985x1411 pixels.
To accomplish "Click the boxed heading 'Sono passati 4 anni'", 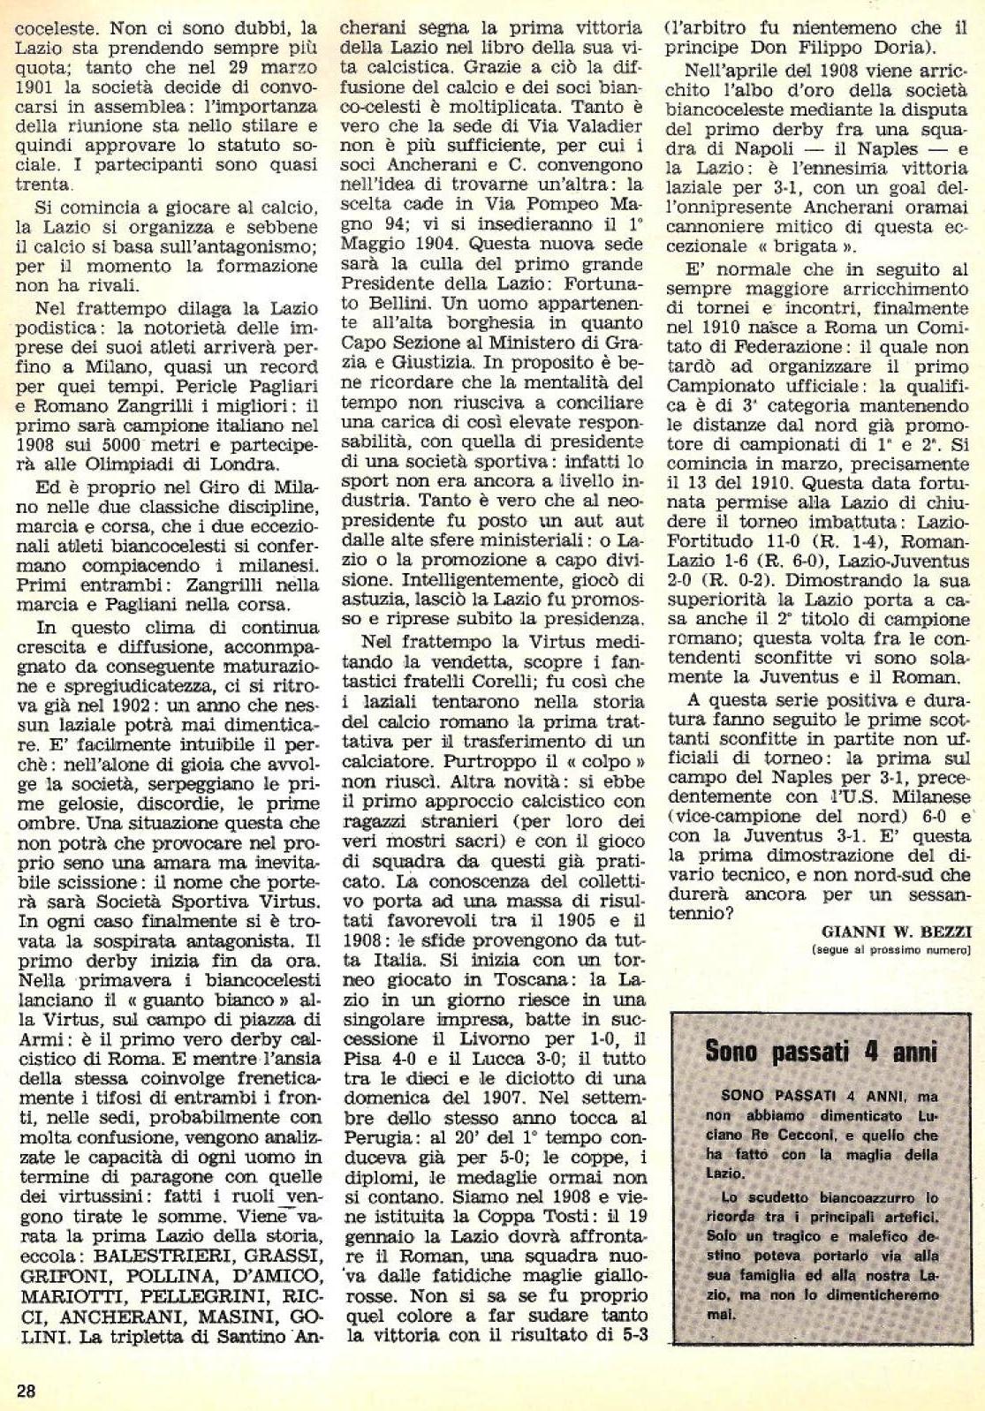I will (820, 1052).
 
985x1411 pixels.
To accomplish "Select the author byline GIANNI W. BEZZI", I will (896, 932).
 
